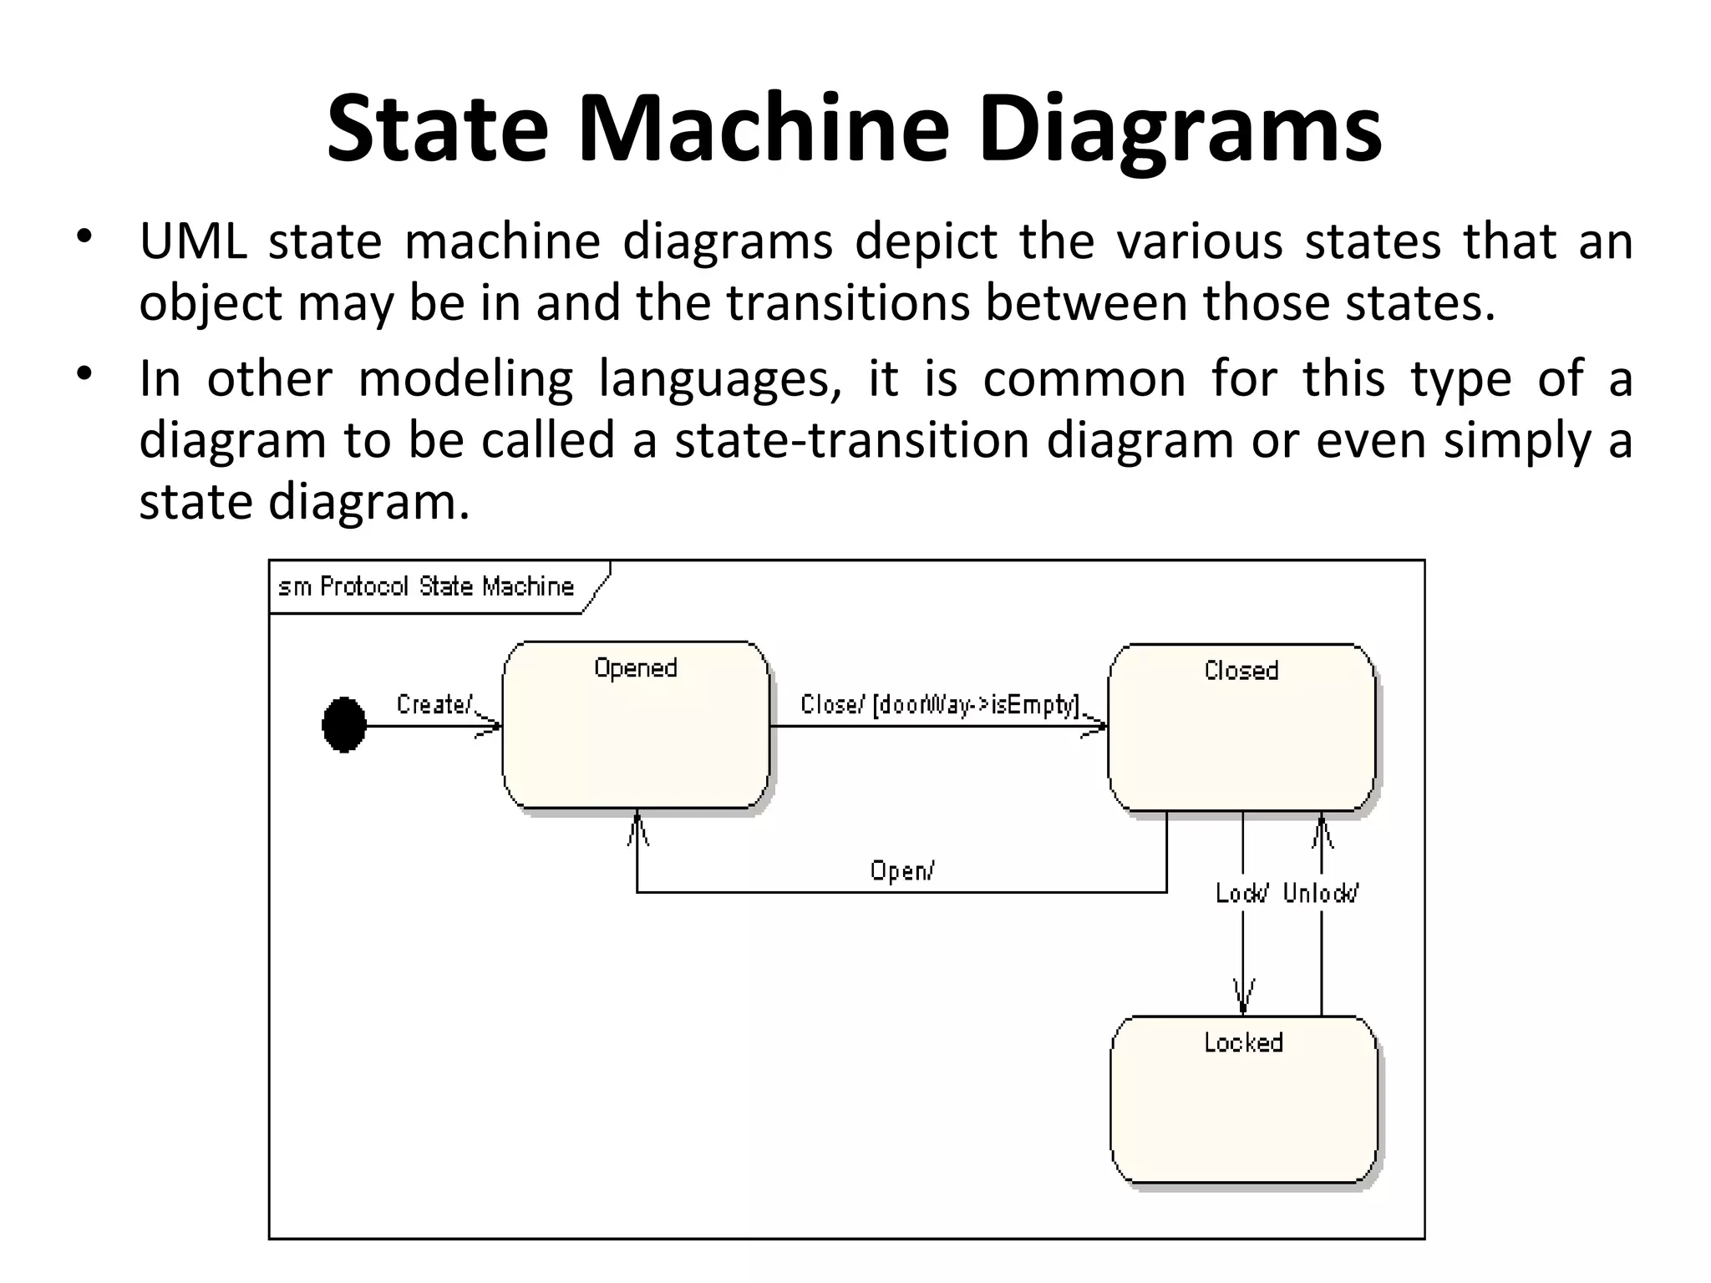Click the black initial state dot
pos(344,725)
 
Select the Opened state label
pos(635,668)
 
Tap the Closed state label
pos(1241,671)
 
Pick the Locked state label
pos(1243,1042)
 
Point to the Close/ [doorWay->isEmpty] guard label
pos(940,705)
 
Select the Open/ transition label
pos(902,871)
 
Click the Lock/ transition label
pos(1241,894)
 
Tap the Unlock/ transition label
pos(1321,894)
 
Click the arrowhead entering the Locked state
pos(1243,999)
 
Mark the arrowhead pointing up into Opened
pos(637,829)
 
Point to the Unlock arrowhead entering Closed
pos(1322,830)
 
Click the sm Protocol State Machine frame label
pos(426,586)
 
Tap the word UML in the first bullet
pos(192,241)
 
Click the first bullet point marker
pos(83,237)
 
